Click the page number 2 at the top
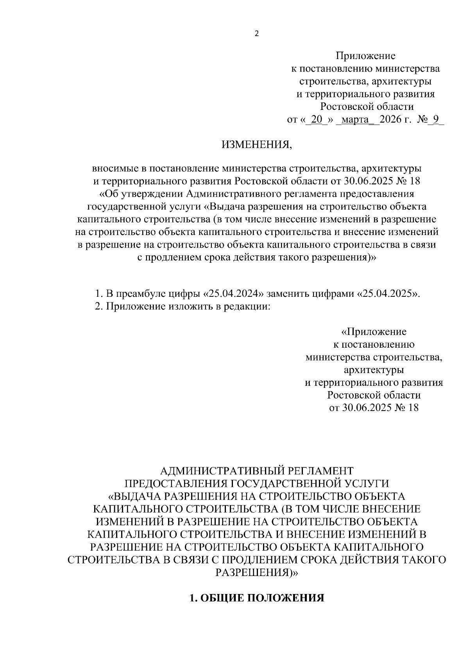click(256, 34)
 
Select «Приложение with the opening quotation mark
click(374, 332)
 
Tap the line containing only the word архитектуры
click(374, 370)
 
